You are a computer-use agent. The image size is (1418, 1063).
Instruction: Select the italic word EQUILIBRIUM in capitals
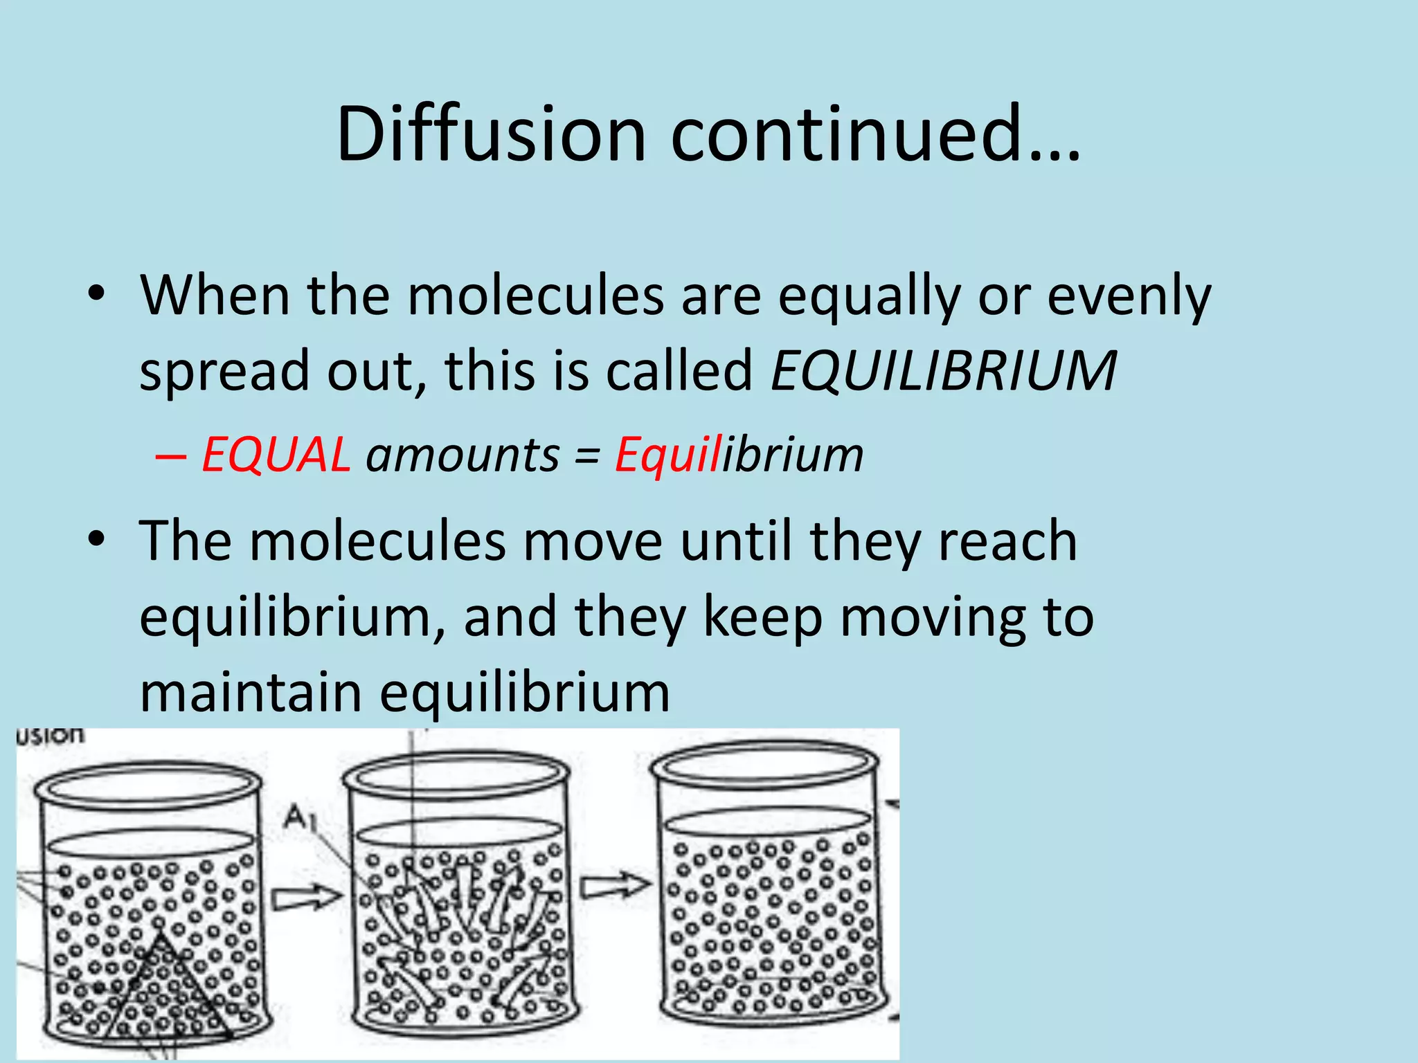[943, 371]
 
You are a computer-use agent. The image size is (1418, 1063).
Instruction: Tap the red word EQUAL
[276, 455]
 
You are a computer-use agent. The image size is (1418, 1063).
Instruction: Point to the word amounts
[462, 455]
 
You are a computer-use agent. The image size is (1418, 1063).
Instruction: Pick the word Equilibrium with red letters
[739, 455]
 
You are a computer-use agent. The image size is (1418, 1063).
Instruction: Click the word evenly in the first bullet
[1129, 296]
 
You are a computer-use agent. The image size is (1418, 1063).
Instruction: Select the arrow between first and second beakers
[305, 898]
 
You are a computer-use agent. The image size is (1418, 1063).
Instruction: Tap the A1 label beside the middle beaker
[299, 818]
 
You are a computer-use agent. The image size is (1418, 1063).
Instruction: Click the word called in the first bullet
[679, 371]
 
